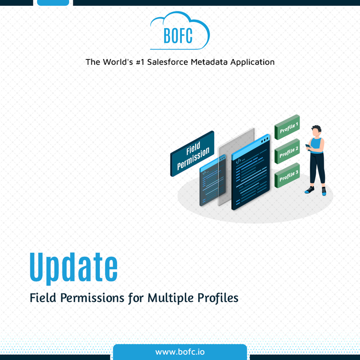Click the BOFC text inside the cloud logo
[x=178, y=36]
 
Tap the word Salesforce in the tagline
[x=168, y=62]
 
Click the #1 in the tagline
[x=140, y=62]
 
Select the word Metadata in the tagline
[x=209, y=62]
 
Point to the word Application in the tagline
[x=252, y=62]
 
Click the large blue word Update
[x=74, y=268]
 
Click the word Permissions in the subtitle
[x=92, y=298]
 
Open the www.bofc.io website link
[x=180, y=352]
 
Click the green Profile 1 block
[x=287, y=127]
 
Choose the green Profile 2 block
[x=287, y=151]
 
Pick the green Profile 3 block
[x=287, y=175]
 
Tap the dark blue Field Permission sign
[x=192, y=153]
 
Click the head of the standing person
[x=316, y=131]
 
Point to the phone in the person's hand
[x=308, y=146]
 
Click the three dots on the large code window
[x=265, y=140]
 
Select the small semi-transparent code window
[x=212, y=180]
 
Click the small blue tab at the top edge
[x=53, y=2]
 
